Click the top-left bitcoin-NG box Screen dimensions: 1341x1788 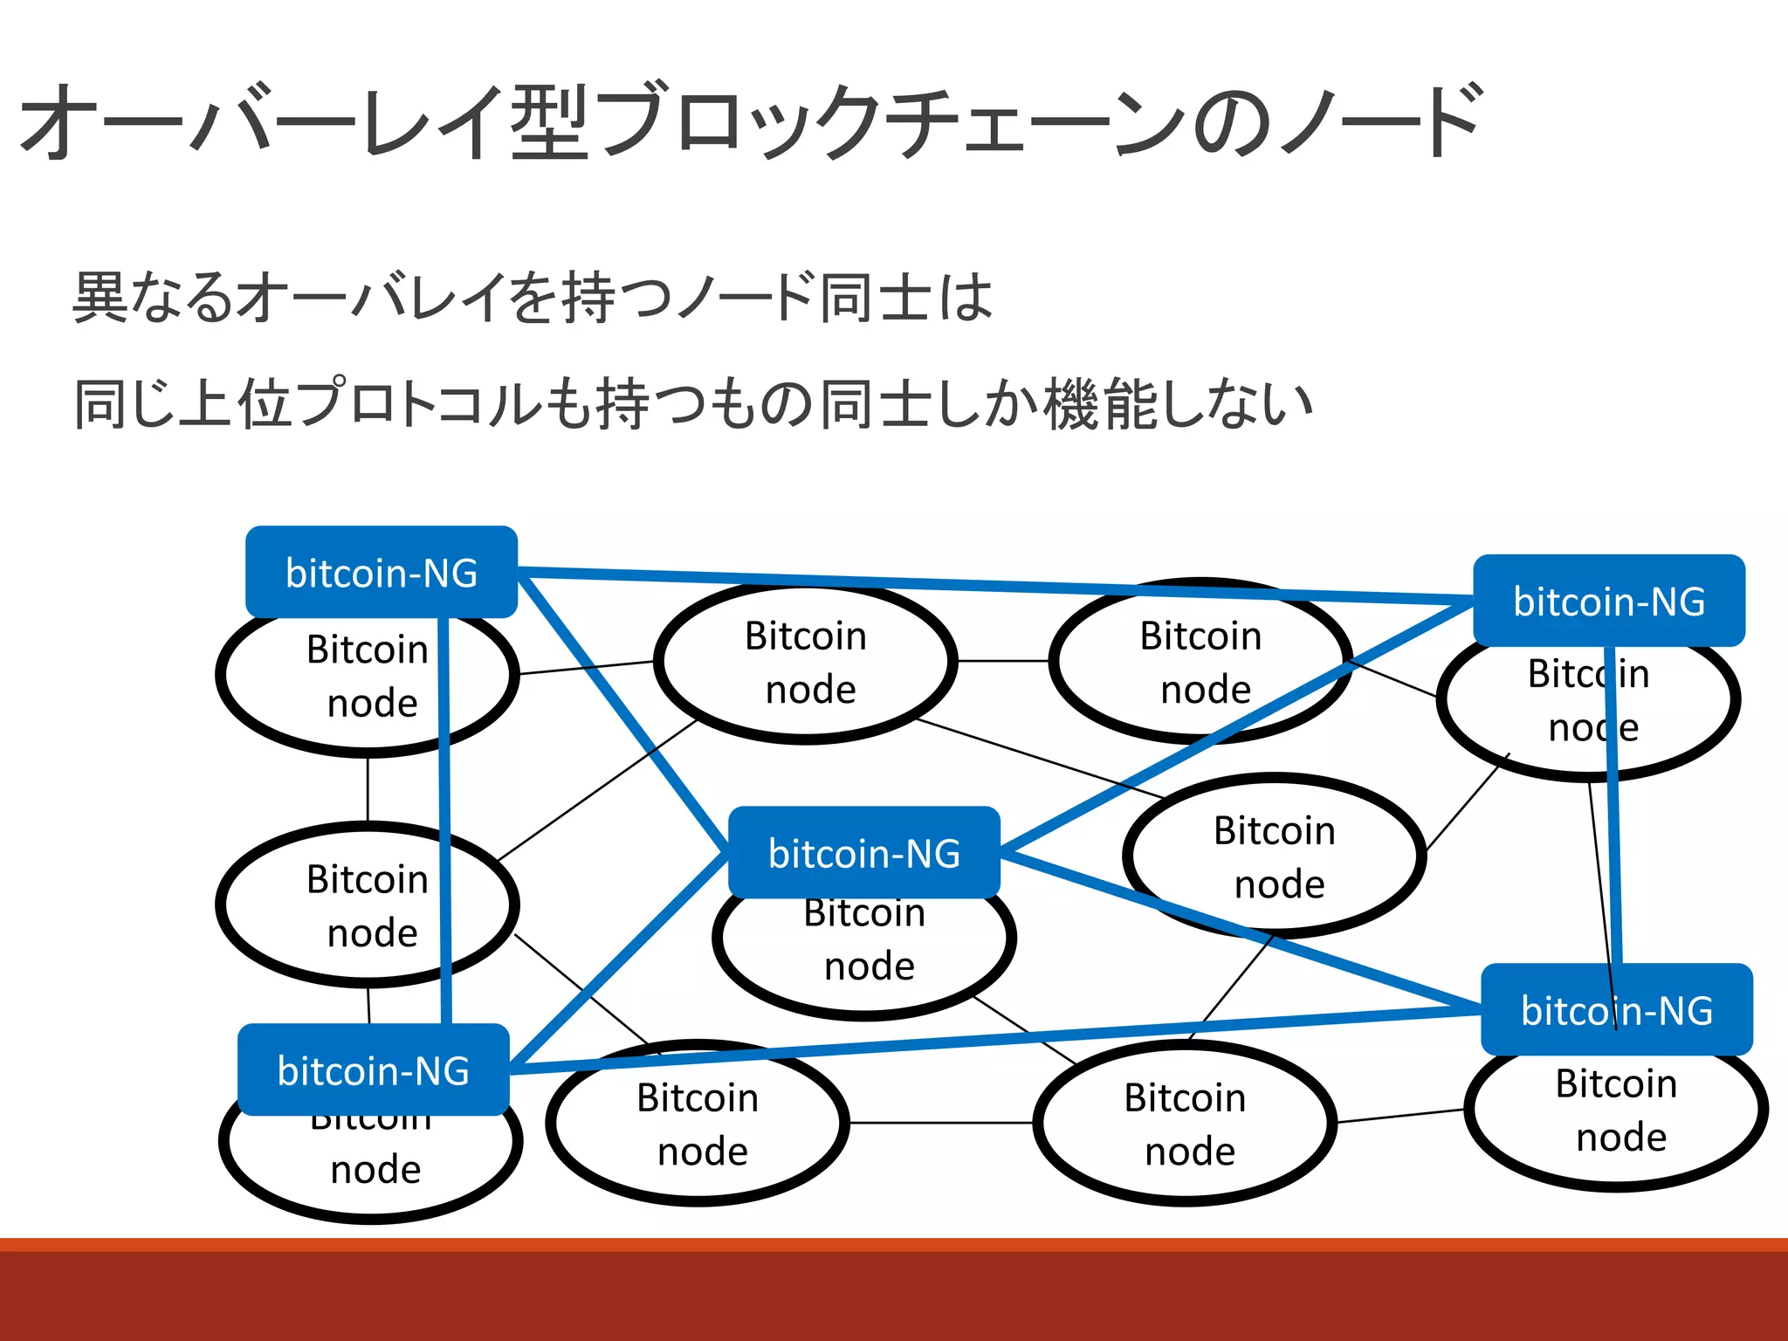[x=382, y=573]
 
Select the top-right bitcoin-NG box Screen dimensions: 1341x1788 [x=1608, y=601]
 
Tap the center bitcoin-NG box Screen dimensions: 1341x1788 [x=863, y=852]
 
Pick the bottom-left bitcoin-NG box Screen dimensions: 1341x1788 [x=373, y=1069]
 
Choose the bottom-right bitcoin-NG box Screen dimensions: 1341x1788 [x=1616, y=1009]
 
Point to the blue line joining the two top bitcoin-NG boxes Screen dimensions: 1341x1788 [x=995, y=586]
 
